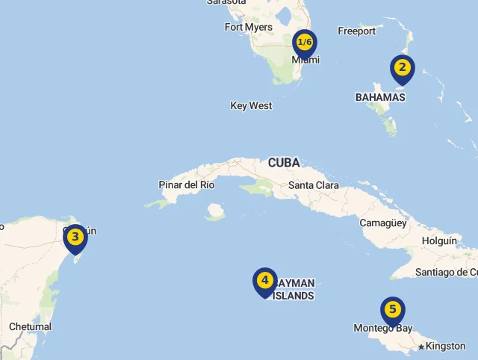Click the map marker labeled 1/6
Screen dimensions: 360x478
tap(304, 43)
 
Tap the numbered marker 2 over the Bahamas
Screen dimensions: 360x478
tap(403, 69)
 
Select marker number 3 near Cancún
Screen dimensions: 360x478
tap(75, 238)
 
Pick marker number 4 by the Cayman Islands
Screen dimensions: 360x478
tap(264, 281)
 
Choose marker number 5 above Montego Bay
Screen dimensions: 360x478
tap(393, 310)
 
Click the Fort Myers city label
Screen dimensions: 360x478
tap(249, 28)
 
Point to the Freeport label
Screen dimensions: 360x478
tap(357, 31)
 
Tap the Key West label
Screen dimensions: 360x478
tap(251, 106)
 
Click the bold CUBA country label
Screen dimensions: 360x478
tap(284, 162)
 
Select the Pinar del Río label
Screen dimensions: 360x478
tap(187, 184)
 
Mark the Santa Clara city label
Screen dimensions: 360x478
tap(314, 185)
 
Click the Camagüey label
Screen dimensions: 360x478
tap(382, 223)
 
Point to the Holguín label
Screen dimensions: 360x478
tap(439, 240)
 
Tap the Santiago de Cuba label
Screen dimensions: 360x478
tap(447, 272)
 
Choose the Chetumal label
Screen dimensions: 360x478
tap(31, 327)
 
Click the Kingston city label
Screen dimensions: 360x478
tap(446, 347)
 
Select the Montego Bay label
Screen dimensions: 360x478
tap(383, 329)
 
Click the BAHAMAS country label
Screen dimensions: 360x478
tap(380, 97)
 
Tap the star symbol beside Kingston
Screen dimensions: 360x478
tap(421, 347)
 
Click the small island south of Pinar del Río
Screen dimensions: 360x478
tap(216, 212)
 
